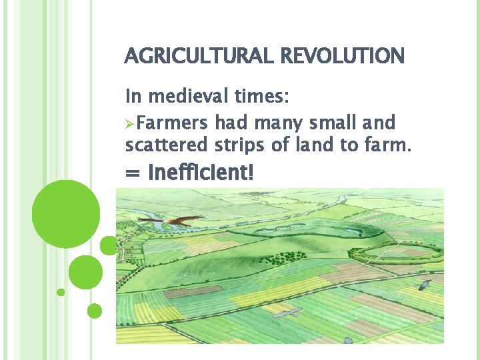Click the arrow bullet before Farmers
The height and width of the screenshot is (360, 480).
(x=130, y=123)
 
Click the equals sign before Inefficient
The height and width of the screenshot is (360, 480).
(x=133, y=175)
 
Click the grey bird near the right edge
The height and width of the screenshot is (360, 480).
(x=423, y=285)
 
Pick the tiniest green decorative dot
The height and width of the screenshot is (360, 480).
(x=61, y=292)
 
